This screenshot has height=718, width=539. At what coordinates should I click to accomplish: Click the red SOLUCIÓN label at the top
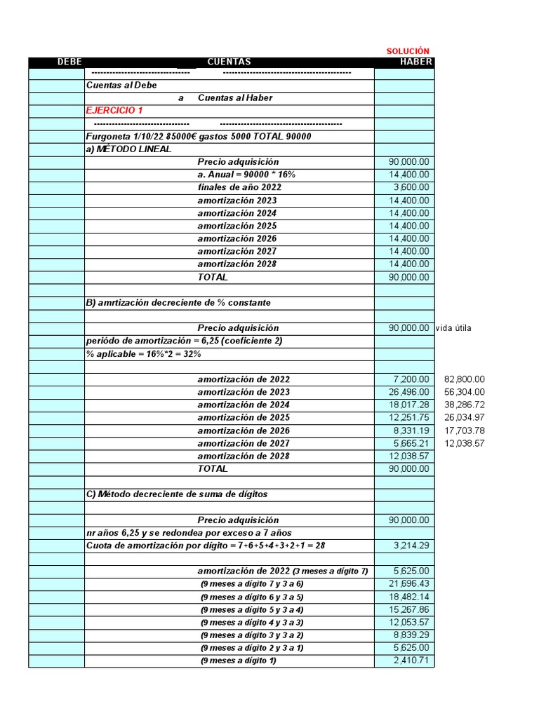coord(408,51)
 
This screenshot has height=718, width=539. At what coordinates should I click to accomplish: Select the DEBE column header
coord(69,62)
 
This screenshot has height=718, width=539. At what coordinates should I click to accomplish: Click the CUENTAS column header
coord(229,62)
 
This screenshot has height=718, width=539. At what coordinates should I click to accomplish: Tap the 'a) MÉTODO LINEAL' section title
coord(128,149)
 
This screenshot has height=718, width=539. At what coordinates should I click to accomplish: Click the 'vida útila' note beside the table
coord(458,328)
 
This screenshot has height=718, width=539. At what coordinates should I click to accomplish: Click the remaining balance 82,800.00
coord(465,379)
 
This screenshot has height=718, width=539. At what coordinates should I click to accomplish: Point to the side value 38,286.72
coord(465,405)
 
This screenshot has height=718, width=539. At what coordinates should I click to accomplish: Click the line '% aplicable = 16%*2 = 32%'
coord(143,353)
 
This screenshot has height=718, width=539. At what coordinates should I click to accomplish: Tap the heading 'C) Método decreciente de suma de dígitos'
coord(176,494)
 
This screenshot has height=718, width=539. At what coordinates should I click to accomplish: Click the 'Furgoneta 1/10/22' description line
coord(198,137)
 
